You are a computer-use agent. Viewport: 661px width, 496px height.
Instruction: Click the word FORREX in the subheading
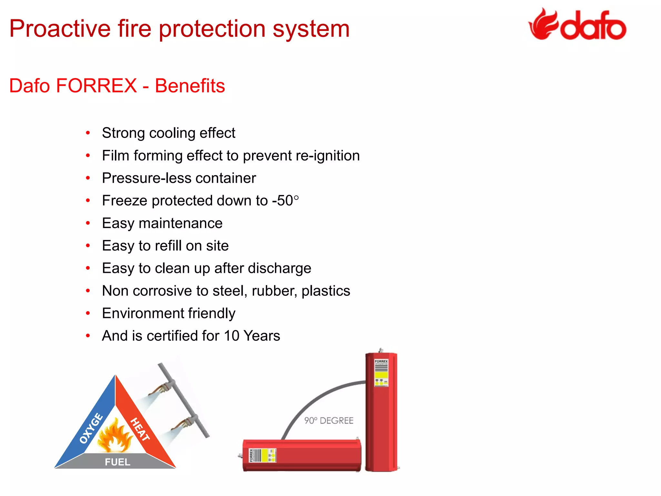click(96, 86)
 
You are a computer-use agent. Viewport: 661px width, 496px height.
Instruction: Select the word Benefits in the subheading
click(190, 86)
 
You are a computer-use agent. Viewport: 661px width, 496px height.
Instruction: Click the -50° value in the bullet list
click(286, 201)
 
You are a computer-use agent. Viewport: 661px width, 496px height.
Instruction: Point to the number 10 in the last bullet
click(231, 336)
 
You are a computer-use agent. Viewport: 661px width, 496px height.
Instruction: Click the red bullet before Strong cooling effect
click(88, 133)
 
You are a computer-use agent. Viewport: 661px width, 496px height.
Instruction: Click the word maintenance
click(180, 223)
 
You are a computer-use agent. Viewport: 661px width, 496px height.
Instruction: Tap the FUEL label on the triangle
click(117, 462)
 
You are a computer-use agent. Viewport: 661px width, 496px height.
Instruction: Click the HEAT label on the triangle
click(140, 429)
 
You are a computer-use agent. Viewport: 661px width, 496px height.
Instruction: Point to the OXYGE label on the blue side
click(91, 428)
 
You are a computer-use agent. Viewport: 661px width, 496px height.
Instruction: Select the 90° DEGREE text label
click(329, 420)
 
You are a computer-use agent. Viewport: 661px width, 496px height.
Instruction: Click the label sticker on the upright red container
click(381, 373)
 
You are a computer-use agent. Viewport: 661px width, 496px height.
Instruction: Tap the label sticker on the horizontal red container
click(262, 455)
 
